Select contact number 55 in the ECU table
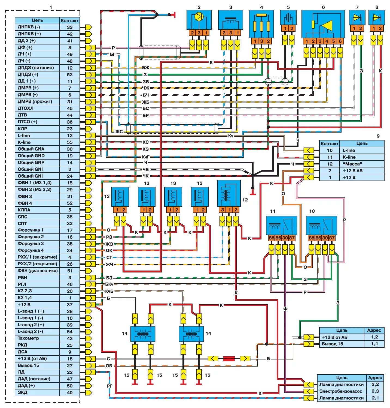(70, 142)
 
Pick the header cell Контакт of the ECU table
(70, 20)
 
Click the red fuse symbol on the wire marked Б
(229, 359)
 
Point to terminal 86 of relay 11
(278, 238)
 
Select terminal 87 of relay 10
(331, 238)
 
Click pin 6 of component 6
(340, 41)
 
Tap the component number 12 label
(245, 200)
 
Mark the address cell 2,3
(375, 391)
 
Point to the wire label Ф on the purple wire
(285, 309)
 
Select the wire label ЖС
(119, 132)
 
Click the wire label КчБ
(109, 291)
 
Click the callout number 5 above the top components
(288, 7)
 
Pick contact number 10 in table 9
(330, 150)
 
